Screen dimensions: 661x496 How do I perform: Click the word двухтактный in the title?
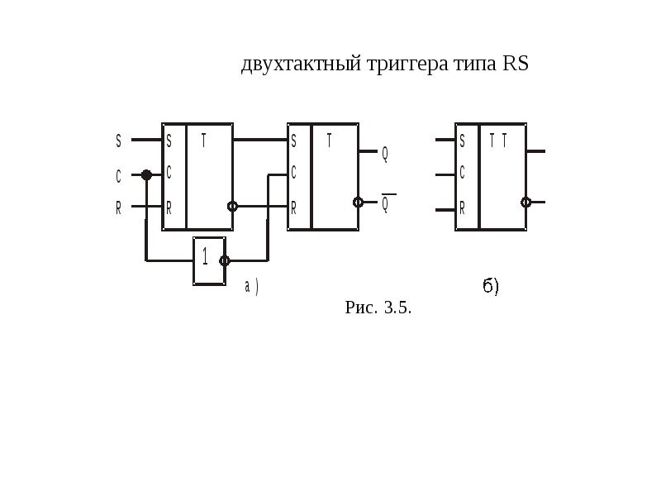click(301, 64)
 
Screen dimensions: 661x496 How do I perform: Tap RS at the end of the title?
click(515, 63)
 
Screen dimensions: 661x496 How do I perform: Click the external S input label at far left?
click(118, 141)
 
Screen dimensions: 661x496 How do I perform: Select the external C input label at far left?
click(118, 176)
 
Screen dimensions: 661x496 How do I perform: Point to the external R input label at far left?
click(118, 208)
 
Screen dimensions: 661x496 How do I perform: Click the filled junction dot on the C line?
click(146, 174)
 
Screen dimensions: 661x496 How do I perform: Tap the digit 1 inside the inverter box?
click(205, 256)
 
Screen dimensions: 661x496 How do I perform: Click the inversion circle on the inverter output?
click(225, 260)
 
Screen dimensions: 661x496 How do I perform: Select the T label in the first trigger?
click(203, 141)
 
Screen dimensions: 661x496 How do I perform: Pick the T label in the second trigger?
click(329, 141)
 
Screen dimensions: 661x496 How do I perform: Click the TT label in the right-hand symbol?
click(498, 141)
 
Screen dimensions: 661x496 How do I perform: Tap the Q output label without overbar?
click(384, 155)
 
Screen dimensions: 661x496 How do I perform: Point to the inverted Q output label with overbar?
click(386, 203)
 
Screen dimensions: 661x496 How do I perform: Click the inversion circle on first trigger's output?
click(232, 206)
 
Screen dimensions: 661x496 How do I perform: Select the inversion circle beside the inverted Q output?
click(358, 203)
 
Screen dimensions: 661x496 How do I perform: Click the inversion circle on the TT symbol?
click(525, 203)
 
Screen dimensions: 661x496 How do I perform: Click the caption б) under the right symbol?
click(491, 286)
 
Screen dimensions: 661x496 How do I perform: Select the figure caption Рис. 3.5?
click(378, 308)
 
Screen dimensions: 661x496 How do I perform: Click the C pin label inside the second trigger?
click(293, 173)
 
